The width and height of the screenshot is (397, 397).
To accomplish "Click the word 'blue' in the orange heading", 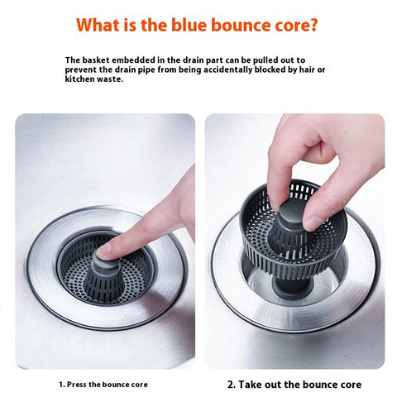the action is click(189, 25).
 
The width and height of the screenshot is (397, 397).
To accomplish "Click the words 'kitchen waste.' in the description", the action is click(94, 79).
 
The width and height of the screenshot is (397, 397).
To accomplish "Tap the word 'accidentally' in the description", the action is click(227, 70).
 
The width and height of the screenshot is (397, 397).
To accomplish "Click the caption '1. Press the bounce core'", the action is click(103, 385).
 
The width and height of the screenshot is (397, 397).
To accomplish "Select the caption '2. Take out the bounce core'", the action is click(294, 385).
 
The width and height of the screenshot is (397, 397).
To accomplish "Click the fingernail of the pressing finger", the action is click(104, 251).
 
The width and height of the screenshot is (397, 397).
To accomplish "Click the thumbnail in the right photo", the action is click(312, 222).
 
